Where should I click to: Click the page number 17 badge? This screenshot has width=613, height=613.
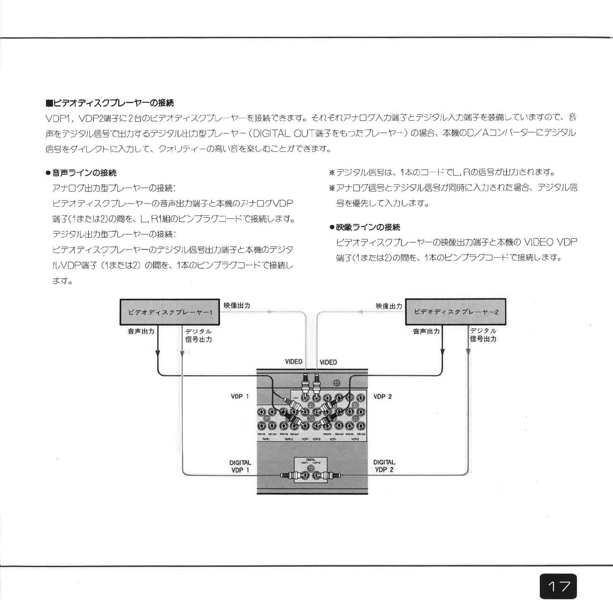coord(559,586)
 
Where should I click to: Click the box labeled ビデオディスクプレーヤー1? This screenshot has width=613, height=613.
coord(170,312)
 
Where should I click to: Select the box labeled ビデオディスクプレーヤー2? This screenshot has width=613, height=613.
coord(456,312)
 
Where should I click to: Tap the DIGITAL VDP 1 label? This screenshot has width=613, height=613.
coord(240,466)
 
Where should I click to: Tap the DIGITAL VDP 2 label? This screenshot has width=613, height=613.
coord(384,466)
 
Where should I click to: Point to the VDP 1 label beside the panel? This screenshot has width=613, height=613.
coord(240,396)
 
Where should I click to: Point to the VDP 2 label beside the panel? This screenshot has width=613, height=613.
coord(383,396)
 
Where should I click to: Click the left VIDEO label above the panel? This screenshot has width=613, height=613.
coord(293,361)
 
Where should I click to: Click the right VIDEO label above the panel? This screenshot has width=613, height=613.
coord(328,362)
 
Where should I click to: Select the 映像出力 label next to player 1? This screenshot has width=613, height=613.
coord(237,305)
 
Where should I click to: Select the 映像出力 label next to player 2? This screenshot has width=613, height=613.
coord(389,306)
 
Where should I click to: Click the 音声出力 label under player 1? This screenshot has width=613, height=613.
coord(141,331)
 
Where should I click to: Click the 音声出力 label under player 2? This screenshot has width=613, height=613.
coord(426,331)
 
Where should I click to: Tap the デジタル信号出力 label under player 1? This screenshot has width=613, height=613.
coord(199,335)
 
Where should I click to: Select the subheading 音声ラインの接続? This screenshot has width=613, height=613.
coord(84,173)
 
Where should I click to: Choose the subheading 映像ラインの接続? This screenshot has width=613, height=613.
coord(368,227)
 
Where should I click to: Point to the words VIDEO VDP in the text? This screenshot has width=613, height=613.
coord(550,242)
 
